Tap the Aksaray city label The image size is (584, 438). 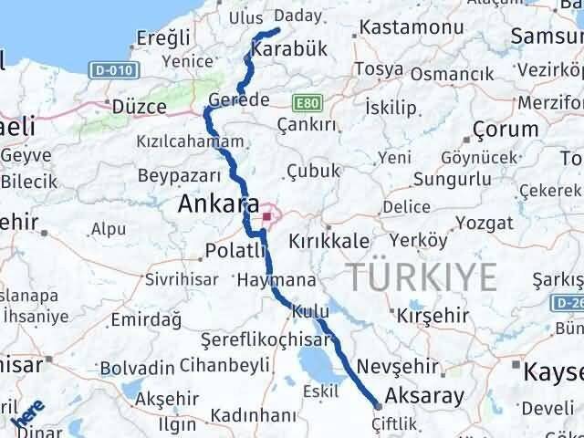pyautogui.click(x=424, y=395)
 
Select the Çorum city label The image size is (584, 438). pyautogui.click(x=506, y=129)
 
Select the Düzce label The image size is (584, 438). pyautogui.click(x=138, y=107)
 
